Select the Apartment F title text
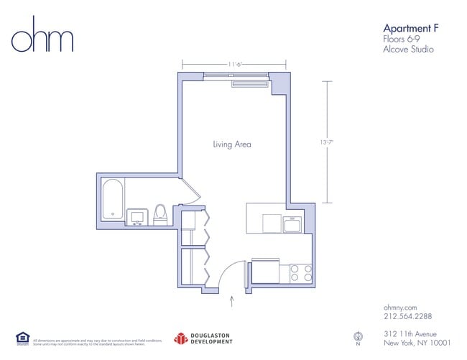(410, 27)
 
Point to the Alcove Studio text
(409, 50)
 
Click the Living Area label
(232, 144)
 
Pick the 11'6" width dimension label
(235, 64)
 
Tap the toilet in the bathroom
(160, 214)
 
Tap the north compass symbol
(357, 337)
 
